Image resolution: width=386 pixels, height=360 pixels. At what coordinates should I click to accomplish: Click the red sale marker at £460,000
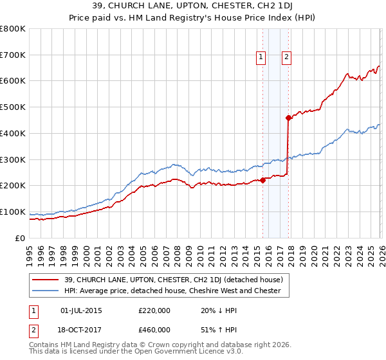(x=289, y=117)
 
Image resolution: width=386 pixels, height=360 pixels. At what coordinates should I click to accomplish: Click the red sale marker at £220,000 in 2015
(x=263, y=181)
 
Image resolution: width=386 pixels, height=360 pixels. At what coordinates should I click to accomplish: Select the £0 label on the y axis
(x=21, y=238)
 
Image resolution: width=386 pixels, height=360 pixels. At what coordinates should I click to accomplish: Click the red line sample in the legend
(x=46, y=279)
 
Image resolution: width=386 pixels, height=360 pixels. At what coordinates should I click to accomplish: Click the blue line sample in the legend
(x=46, y=291)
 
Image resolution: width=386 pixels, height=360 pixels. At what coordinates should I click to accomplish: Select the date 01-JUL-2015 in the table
(x=81, y=310)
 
